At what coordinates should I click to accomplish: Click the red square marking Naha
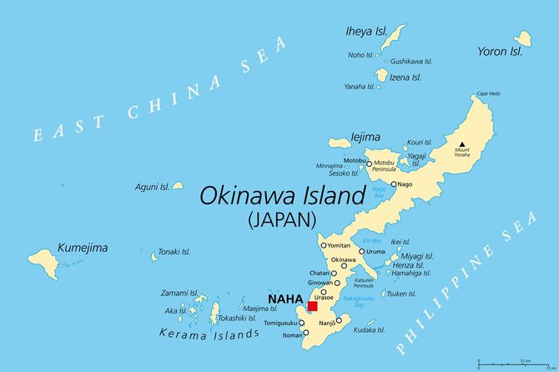312,306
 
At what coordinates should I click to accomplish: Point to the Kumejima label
83,248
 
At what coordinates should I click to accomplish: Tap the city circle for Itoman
305,333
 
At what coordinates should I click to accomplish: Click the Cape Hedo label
488,93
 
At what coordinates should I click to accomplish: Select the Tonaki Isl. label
175,251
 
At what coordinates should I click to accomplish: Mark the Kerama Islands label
209,334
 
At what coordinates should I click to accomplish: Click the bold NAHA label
284,298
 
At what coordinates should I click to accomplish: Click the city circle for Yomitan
324,245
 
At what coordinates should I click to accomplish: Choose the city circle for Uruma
362,251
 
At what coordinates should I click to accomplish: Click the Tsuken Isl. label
402,294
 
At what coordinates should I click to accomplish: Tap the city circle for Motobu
370,163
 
